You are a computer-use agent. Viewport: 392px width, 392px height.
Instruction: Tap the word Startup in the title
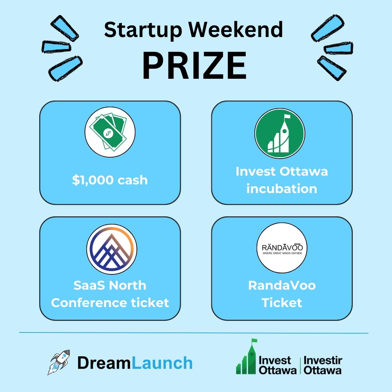pyautogui.click(x=139, y=30)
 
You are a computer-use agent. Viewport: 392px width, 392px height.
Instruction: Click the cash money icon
pyautogui.click(x=110, y=131)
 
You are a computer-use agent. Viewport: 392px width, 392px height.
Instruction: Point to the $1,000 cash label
pyautogui.click(x=110, y=180)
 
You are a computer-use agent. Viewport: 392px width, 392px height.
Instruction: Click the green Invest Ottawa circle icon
pyautogui.click(x=279, y=133)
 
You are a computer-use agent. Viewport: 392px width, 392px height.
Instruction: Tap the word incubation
pyautogui.click(x=282, y=189)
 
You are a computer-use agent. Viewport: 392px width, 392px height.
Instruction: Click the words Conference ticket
pyautogui.click(x=110, y=302)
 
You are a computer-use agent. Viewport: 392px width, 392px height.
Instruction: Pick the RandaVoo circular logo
pyautogui.click(x=282, y=249)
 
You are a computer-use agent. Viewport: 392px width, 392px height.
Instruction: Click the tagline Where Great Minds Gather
pyautogui.click(x=282, y=253)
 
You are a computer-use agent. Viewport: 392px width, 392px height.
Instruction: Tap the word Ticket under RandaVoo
pyautogui.click(x=282, y=302)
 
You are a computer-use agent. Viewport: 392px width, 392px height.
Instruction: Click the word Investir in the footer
pyautogui.click(x=323, y=360)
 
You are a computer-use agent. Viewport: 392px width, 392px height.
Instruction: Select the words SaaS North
pyautogui.click(x=110, y=285)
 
